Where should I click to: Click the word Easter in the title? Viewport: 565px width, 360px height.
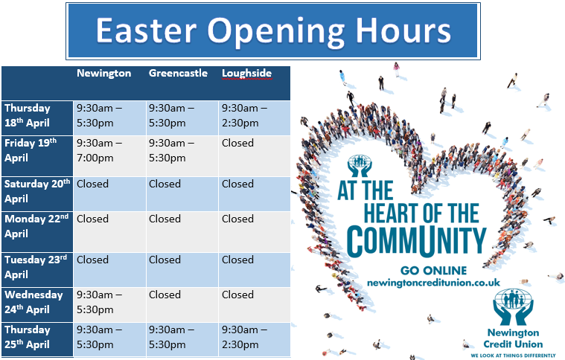[146, 31]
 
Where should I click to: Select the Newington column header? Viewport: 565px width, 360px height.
[103, 74]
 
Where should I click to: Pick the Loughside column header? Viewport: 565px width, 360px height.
[246, 74]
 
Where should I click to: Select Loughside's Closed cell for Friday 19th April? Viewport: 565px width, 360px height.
[237, 143]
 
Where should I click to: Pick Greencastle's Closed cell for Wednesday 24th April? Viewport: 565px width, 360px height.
[165, 295]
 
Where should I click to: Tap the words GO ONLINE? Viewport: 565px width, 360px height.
[433, 270]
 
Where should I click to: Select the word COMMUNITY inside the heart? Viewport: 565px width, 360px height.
[417, 239]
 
